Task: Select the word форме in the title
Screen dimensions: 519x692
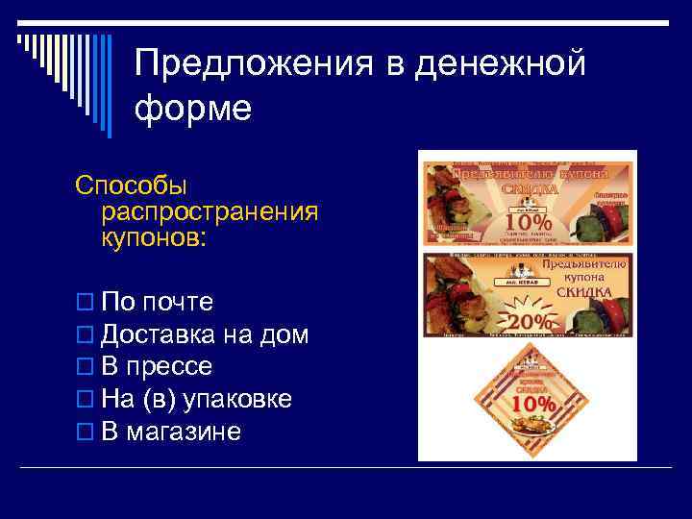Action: (x=192, y=108)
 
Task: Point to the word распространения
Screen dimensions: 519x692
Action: (x=209, y=210)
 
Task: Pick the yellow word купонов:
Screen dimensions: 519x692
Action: (x=153, y=236)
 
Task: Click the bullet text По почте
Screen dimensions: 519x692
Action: (x=157, y=302)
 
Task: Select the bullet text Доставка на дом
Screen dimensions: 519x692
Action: (x=205, y=334)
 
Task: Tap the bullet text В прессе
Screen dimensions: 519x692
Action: (x=157, y=367)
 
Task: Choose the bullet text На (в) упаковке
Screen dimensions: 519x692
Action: (x=196, y=399)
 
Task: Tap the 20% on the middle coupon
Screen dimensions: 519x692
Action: (x=530, y=320)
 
